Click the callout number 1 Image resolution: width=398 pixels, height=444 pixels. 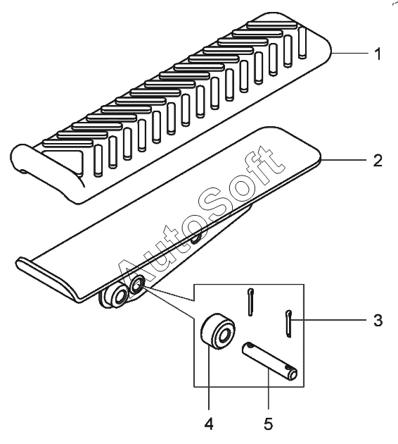tap(378, 54)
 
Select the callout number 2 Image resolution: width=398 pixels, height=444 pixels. tap(378, 161)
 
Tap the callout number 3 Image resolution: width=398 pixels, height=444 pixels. tap(378, 320)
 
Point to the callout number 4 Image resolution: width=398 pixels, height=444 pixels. tap(209, 424)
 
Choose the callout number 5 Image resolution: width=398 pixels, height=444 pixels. tap(269, 424)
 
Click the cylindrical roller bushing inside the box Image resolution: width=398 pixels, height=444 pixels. tap(218, 331)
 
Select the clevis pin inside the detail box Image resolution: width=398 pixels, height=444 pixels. tap(269, 360)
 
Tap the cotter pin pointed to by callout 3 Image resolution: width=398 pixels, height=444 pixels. tap(288, 323)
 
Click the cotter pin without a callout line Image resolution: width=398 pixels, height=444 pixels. tap(250, 302)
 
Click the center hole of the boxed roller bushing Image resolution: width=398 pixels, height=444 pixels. tap(224, 335)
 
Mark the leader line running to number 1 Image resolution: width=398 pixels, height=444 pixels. tap(350, 53)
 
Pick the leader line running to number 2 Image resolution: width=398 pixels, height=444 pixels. tap(345, 160)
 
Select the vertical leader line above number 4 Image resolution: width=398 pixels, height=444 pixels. tap(209, 378)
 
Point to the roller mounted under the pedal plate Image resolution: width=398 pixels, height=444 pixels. tap(116, 296)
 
